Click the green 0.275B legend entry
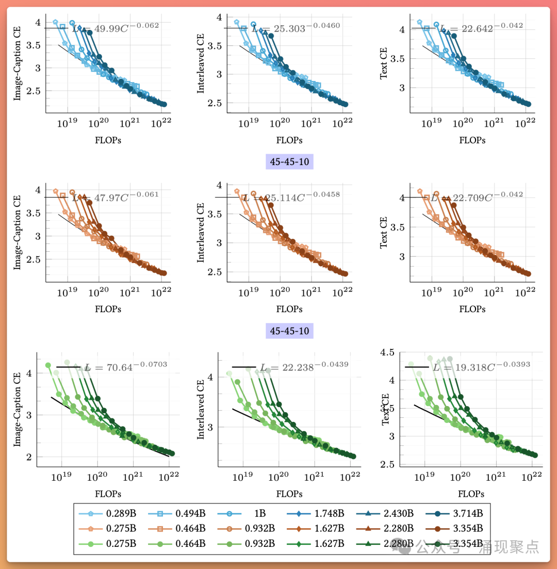coord(110,543)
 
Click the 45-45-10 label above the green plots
coord(290,330)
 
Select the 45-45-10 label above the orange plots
coord(290,162)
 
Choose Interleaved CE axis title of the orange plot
coord(200,232)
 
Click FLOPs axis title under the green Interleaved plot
coord(289,494)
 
